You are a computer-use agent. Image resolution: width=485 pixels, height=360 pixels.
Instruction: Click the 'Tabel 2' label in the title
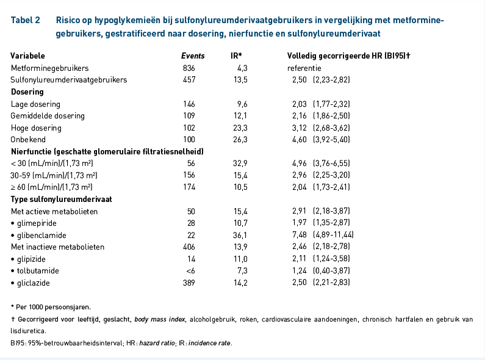[x=26, y=20]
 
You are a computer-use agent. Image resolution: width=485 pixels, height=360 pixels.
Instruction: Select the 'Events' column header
[x=193, y=56]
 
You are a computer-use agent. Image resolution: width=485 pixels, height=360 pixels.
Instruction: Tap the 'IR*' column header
[x=236, y=56]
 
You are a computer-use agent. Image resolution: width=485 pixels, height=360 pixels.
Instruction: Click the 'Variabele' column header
[x=27, y=56]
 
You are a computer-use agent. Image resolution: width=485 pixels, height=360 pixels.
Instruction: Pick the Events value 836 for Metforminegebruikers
[x=189, y=68]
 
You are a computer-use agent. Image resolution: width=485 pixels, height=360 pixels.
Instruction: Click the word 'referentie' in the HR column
[x=304, y=68]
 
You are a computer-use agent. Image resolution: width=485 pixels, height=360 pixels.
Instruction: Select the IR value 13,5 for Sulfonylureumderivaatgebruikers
[x=240, y=80]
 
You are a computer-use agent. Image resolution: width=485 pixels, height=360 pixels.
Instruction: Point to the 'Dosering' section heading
[x=27, y=92]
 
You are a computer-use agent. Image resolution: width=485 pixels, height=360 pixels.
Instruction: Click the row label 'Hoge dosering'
[x=36, y=128]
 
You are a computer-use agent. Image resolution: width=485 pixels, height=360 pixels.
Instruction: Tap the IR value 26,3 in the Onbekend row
[x=240, y=140]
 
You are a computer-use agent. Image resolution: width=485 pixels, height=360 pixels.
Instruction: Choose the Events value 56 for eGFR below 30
[x=191, y=164]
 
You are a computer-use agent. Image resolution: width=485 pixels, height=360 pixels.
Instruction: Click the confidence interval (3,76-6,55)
[x=331, y=164]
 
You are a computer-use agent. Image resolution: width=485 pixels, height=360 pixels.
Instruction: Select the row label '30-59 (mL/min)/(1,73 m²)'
[x=54, y=175]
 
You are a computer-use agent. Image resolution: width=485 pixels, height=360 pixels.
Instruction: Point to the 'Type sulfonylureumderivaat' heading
[x=61, y=199]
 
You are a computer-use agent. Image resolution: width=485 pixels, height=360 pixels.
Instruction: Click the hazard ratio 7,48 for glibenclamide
[x=299, y=235]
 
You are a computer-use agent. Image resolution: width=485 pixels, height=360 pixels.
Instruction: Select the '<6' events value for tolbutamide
[x=190, y=271]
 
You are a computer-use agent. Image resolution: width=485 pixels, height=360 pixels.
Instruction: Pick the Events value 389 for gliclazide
[x=189, y=283]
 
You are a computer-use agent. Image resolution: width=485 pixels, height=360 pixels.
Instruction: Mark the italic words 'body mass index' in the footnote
[x=160, y=319]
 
